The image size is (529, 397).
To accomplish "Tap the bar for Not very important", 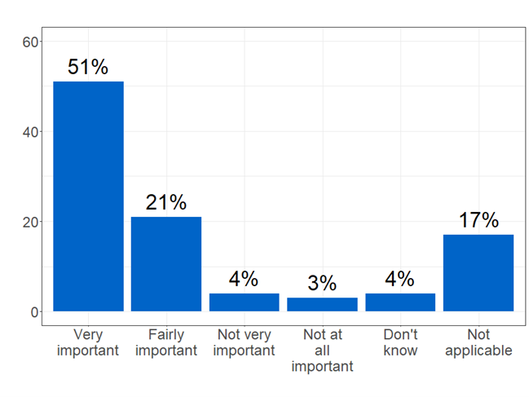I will coord(244,302).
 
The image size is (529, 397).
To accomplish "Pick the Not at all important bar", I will coord(322,304).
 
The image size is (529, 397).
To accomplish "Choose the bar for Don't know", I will coord(400,302).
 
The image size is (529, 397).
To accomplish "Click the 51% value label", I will coord(88,67).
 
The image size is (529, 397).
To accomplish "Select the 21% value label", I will coord(166,202).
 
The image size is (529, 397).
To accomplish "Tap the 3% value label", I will coord(322,283).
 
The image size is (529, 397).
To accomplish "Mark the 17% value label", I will coord(478,220).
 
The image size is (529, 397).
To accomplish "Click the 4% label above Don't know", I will coord(400,279).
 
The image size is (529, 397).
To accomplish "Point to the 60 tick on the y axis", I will coord(29,42).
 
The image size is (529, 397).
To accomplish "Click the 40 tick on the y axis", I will coord(29,131).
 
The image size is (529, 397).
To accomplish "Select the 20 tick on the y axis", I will coord(29,222).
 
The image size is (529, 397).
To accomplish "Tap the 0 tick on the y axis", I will coord(33,311).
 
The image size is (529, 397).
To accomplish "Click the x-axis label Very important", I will coord(88,342).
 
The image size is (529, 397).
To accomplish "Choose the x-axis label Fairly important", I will coord(166,342).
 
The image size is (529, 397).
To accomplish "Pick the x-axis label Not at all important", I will coord(322,351).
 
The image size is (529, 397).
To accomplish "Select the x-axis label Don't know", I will coord(400,342).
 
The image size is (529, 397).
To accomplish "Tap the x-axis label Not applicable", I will coord(478,342).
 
